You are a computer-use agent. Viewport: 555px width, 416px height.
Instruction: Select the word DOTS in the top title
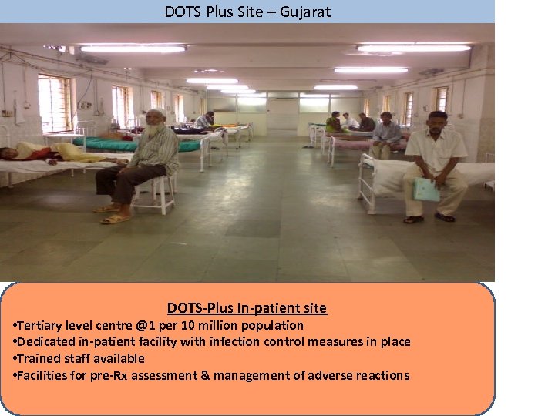(x=180, y=12)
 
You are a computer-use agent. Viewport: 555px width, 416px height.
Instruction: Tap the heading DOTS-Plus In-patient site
(x=247, y=308)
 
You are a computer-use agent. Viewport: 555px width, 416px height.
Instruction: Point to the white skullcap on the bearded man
(x=156, y=113)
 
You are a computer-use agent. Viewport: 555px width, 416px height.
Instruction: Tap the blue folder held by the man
(x=426, y=190)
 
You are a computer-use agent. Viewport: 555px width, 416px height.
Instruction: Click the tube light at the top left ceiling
(x=133, y=49)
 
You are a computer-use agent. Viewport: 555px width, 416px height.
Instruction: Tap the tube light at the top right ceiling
(x=414, y=48)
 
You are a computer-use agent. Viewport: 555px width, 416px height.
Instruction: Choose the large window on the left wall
(x=54, y=103)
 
